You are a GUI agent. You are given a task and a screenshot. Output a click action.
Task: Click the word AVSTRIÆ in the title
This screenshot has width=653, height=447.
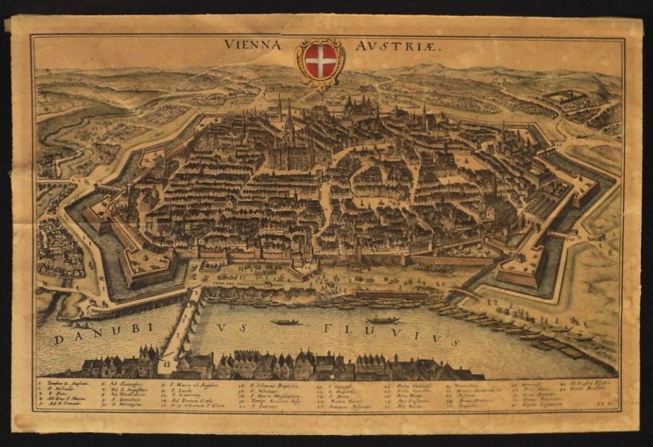380,45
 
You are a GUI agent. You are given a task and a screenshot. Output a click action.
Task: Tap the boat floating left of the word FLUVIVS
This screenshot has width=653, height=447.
285,322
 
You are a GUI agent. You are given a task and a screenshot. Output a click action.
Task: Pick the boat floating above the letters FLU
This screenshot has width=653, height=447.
382,320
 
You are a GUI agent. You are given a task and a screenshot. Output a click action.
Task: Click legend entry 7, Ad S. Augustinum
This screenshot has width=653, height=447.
124,392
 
